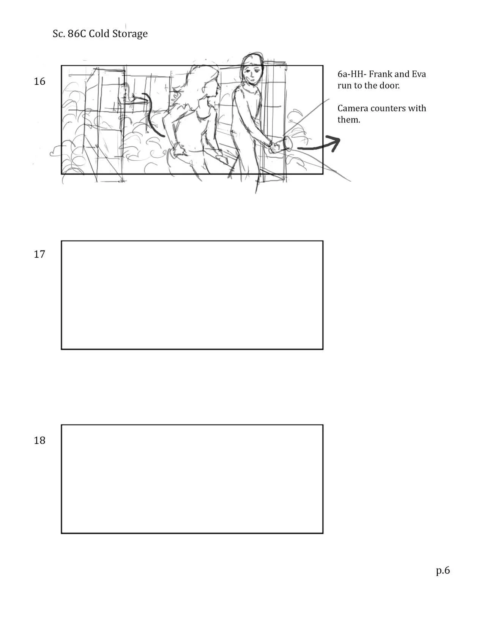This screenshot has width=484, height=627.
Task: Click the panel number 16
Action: pyautogui.click(x=39, y=81)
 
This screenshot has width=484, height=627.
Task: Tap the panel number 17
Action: pyautogui.click(x=39, y=254)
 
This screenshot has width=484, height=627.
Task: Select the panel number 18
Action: pyautogui.click(x=39, y=440)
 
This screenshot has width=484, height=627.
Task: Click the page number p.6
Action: pyautogui.click(x=443, y=570)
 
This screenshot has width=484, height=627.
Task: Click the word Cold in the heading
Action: pyautogui.click(x=99, y=33)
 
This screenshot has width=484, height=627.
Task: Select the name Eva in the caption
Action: pyautogui.click(x=419, y=74)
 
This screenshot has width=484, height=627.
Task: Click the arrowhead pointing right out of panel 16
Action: pyautogui.click(x=334, y=143)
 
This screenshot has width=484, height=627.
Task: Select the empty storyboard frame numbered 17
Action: pyautogui.click(x=192, y=295)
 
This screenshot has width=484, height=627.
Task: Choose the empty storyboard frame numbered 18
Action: pyautogui.click(x=192, y=479)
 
